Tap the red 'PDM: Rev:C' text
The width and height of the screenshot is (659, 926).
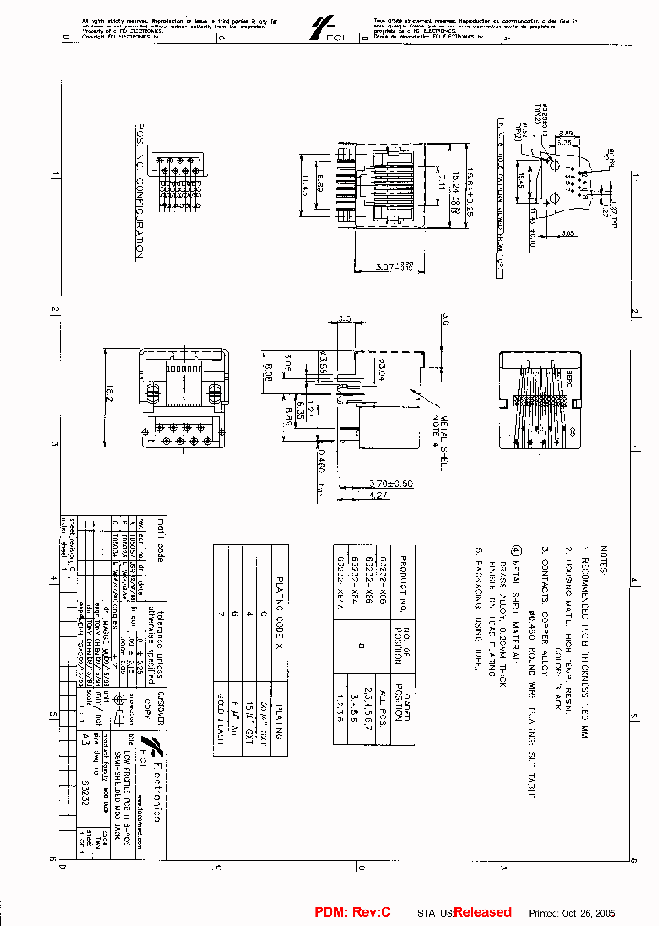[x=353, y=912]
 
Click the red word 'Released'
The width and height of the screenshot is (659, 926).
[x=481, y=912]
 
